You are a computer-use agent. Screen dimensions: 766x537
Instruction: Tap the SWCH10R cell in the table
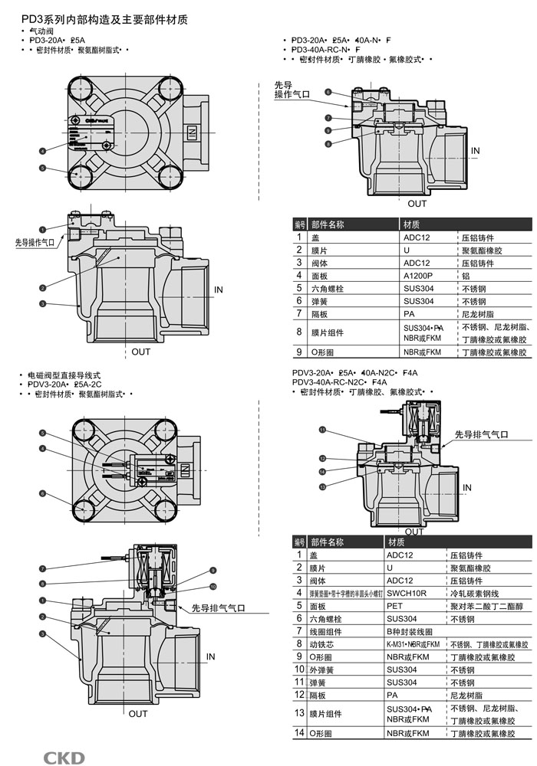pyautogui.click(x=404, y=593)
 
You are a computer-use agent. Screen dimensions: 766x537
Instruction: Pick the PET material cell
pyautogui.click(x=394, y=605)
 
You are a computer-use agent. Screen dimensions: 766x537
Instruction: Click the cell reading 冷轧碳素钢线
pyautogui.click(x=474, y=593)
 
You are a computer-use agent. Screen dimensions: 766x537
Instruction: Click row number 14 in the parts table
pyautogui.click(x=300, y=733)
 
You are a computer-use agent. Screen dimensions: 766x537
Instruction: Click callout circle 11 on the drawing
pyautogui.click(x=323, y=430)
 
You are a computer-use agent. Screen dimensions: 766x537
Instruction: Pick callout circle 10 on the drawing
pyautogui.click(x=213, y=587)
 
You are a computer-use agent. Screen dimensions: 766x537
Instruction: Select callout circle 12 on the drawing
pyautogui.click(x=323, y=459)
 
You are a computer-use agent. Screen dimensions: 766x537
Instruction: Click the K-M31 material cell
pyautogui.click(x=414, y=644)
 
